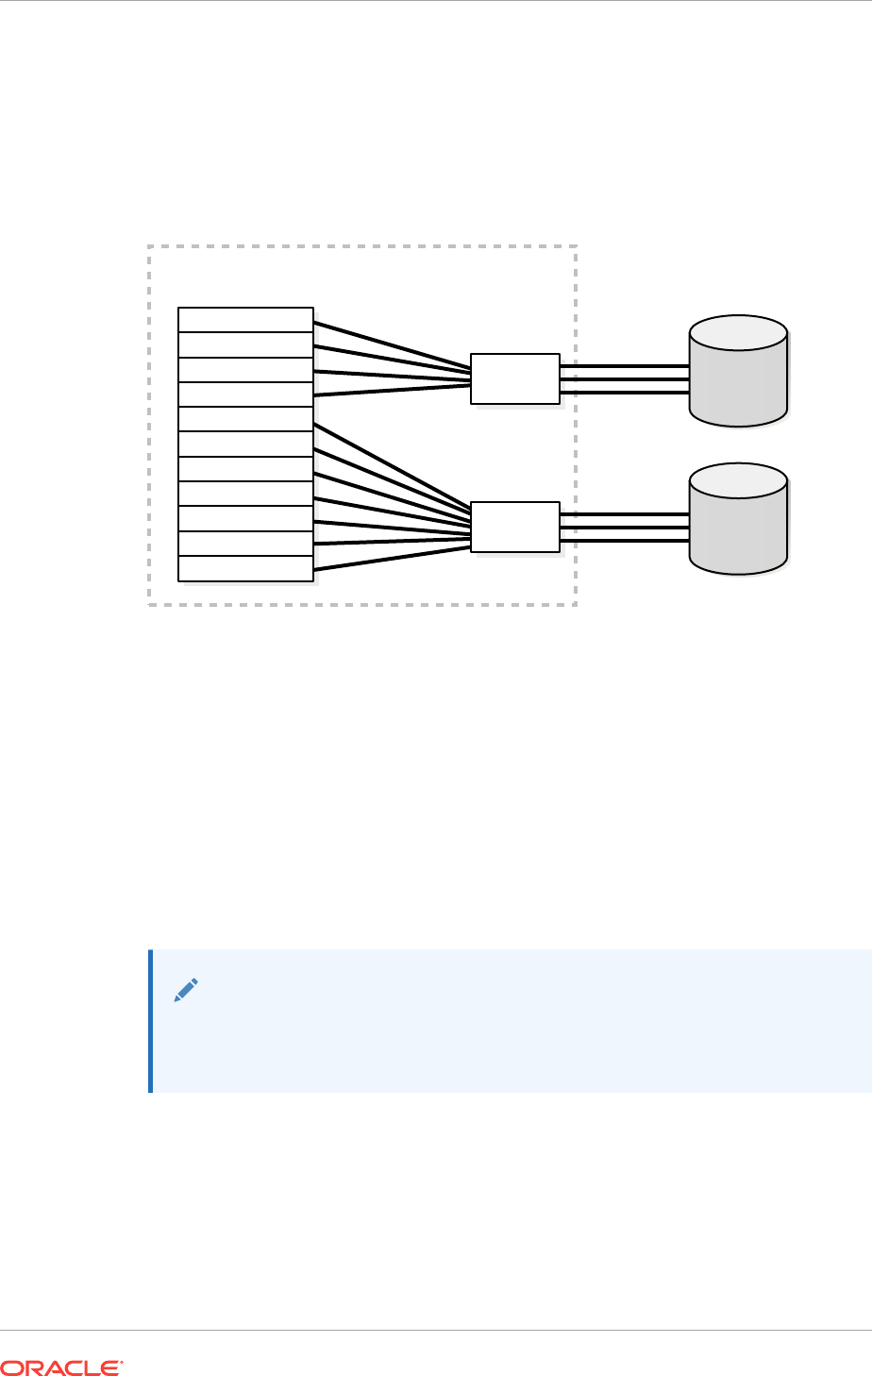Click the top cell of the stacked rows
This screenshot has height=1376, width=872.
tap(245, 320)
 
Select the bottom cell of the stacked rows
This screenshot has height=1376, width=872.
tap(245, 569)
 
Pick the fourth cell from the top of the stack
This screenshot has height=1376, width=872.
tap(245, 394)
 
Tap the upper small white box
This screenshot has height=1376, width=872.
tap(515, 378)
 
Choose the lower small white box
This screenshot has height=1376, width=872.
tap(515, 527)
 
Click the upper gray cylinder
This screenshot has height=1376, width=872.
tap(738, 382)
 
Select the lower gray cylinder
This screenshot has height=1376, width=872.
tap(738, 530)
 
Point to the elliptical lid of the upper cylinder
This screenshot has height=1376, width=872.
tap(738, 333)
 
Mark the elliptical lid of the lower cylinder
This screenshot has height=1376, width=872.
tap(738, 481)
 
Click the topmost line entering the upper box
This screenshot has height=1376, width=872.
tap(392, 344)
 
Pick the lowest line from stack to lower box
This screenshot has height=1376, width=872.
tap(392, 556)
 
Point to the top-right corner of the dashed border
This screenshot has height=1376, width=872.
tap(576, 246)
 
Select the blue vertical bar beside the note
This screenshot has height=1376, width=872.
tap(151, 1021)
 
